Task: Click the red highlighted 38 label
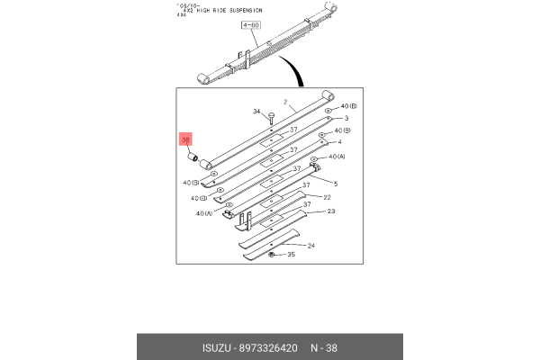pyautogui.click(x=186, y=139)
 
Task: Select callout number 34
pyautogui.click(x=256, y=112)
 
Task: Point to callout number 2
pyautogui.click(x=284, y=102)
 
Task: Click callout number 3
pyautogui.click(x=346, y=118)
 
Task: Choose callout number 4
pyautogui.click(x=338, y=142)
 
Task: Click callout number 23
pyautogui.click(x=330, y=211)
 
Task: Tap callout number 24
pyautogui.click(x=310, y=246)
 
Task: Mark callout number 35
pyautogui.click(x=290, y=256)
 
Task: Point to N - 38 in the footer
pyautogui.click(x=327, y=348)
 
